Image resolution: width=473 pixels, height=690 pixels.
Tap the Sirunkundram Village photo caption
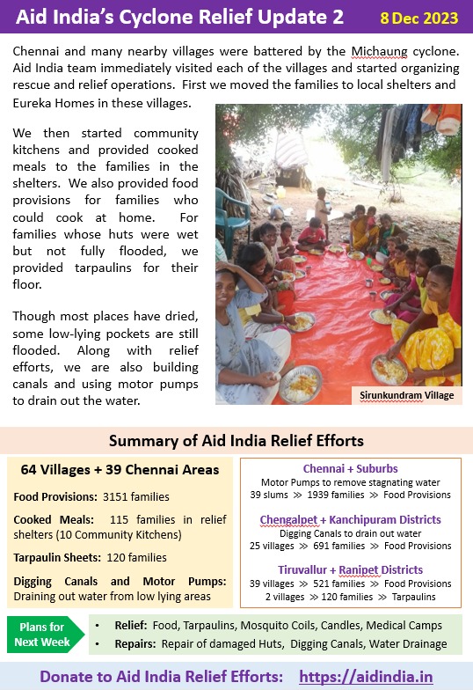coord(407,395)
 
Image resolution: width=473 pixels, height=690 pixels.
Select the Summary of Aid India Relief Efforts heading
coord(236,440)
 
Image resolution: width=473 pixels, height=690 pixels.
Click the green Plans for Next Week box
coord(44,634)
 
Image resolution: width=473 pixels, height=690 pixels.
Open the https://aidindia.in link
coord(366,675)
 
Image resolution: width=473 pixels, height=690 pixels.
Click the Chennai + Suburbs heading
coord(350,468)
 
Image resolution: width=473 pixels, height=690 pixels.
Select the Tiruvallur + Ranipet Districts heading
coord(350,569)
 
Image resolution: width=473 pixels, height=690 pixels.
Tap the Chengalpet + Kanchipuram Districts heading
coord(350,519)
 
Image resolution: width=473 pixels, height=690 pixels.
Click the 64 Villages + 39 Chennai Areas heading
coord(120,470)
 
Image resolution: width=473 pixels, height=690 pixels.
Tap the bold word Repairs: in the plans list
coord(133,643)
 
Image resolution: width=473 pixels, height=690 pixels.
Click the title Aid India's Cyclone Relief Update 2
coord(168,17)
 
